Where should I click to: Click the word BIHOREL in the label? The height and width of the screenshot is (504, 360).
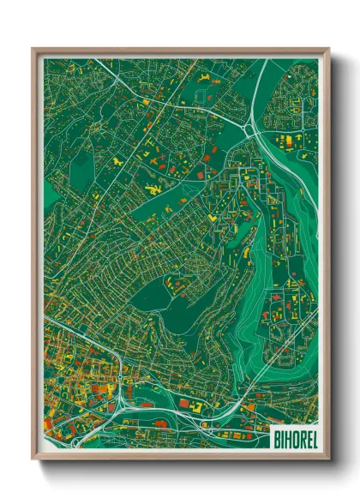point(293,438)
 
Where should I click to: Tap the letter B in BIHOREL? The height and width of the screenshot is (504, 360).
point(277,438)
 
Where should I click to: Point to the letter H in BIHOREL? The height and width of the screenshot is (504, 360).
point(287,438)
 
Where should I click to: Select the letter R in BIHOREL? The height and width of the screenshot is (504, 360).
point(299,438)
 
